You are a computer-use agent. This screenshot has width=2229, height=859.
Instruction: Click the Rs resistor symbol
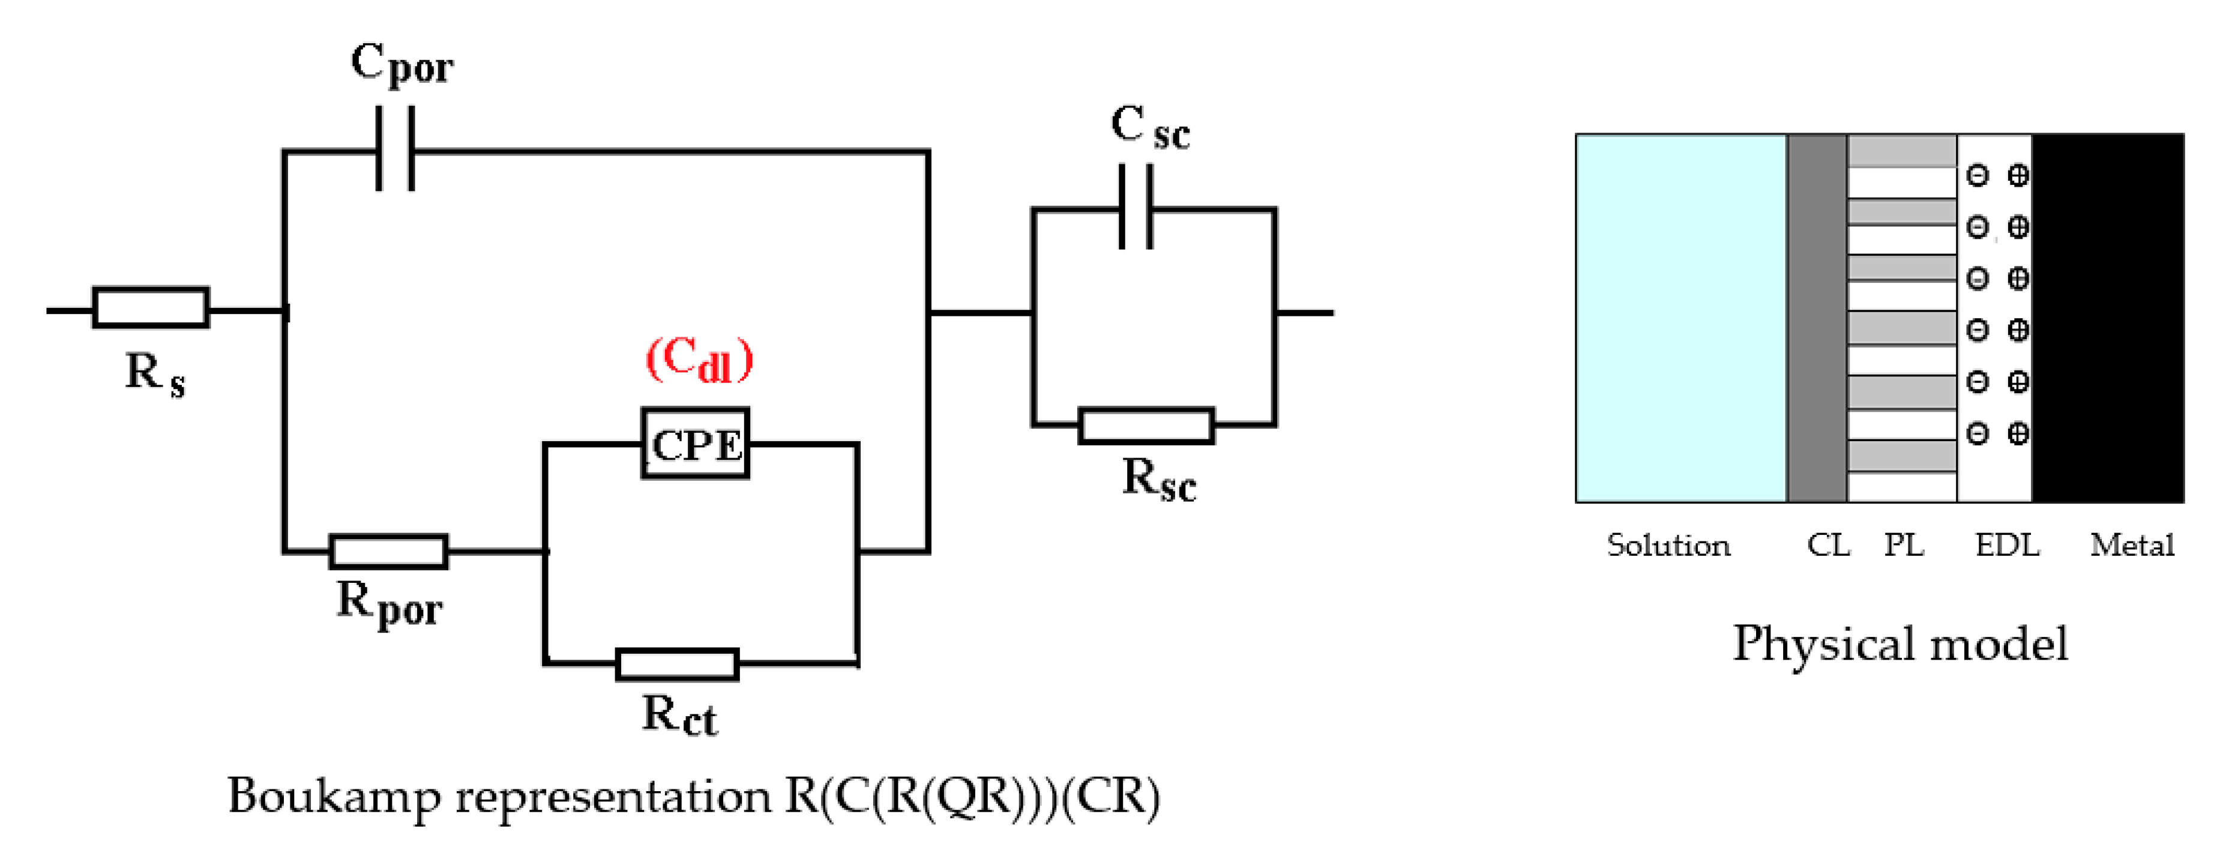[151, 307]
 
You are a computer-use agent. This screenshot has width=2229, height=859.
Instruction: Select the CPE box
[695, 444]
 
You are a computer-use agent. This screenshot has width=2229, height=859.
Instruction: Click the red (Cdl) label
[699, 359]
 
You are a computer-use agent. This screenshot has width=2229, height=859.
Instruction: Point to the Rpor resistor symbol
[388, 551]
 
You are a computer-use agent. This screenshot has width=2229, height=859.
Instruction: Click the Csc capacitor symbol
[1136, 208]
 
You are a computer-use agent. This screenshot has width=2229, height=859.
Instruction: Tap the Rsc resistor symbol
[1146, 426]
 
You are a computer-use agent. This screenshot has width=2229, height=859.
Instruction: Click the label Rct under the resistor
[679, 716]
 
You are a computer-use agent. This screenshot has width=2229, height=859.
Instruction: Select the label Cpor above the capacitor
[402, 64]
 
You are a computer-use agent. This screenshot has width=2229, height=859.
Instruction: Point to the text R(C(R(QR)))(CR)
[971, 796]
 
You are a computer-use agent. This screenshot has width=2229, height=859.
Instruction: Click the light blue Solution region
[1680, 318]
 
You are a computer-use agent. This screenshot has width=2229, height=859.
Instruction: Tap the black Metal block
[2107, 318]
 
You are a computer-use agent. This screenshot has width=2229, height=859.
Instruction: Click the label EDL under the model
[2006, 545]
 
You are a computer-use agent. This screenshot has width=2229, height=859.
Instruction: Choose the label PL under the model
[1904, 545]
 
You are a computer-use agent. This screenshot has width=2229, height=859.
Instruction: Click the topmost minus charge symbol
[1977, 176]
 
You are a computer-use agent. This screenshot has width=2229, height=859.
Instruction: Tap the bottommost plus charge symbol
[2018, 433]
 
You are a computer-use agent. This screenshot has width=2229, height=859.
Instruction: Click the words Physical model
[1900, 643]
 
